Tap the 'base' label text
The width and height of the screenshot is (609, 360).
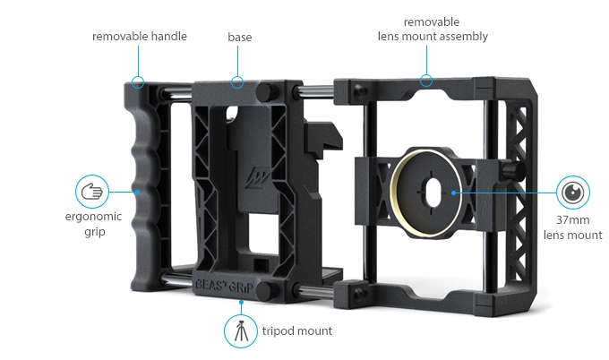pos(239,37)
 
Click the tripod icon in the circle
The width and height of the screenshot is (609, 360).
pos(240,330)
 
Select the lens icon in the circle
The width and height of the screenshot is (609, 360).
pos(571,192)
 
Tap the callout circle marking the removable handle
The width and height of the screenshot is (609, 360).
pos(137,82)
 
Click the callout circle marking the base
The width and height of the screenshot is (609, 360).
pos(237,82)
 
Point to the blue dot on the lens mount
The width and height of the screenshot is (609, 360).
pos(455,191)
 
